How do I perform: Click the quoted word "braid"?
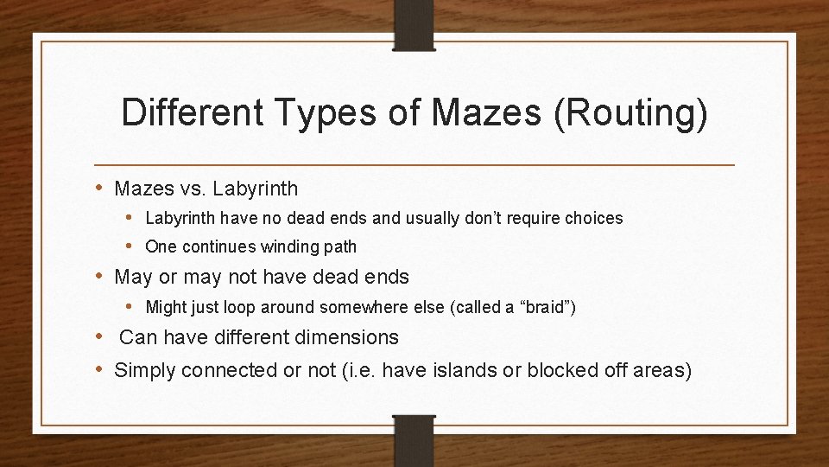549,307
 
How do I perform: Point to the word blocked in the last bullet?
557,371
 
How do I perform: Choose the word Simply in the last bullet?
146,371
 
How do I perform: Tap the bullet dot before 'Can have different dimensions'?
102,336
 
